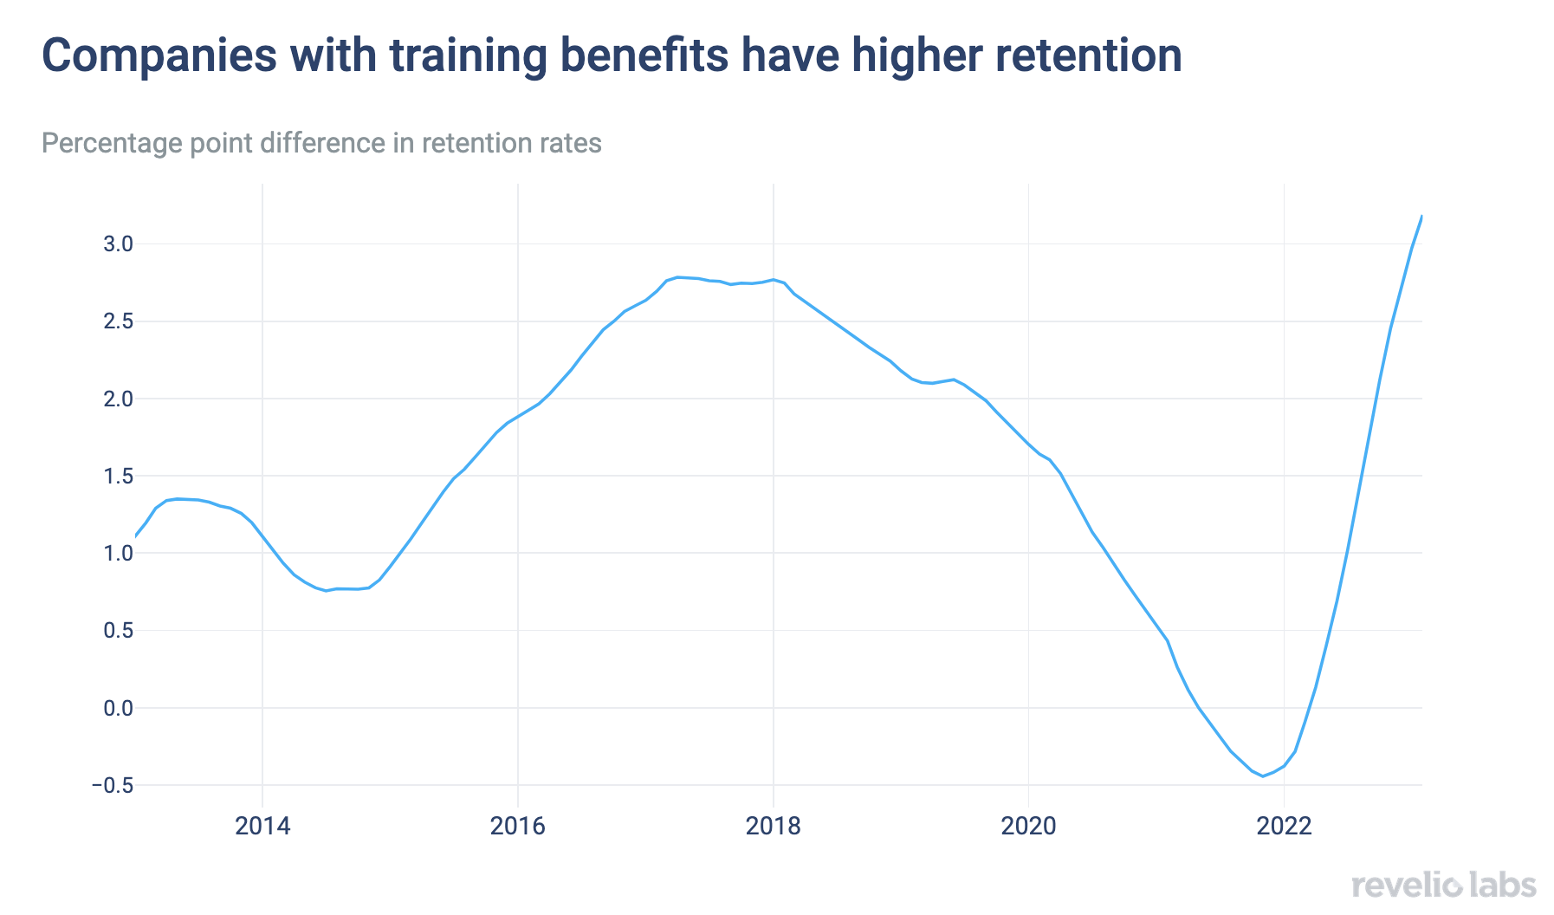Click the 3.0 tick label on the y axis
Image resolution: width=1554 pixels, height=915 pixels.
(x=118, y=244)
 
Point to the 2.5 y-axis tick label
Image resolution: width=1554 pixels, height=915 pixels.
(x=118, y=321)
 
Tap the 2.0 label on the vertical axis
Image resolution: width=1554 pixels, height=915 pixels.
(x=118, y=399)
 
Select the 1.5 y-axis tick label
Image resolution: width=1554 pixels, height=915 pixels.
(x=118, y=476)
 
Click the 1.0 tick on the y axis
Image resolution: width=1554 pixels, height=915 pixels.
(x=118, y=553)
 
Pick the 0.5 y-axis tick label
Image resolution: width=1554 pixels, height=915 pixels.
(x=118, y=630)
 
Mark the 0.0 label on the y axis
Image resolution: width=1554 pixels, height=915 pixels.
(x=118, y=708)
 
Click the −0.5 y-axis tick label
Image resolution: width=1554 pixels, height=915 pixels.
(x=113, y=785)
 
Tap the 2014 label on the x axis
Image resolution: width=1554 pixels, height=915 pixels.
(x=262, y=826)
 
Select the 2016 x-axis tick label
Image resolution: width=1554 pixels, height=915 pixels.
(x=518, y=826)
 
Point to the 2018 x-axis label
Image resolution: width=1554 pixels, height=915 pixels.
(x=774, y=826)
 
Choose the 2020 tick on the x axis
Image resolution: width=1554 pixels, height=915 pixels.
(x=1028, y=826)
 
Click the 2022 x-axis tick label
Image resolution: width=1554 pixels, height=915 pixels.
(x=1284, y=826)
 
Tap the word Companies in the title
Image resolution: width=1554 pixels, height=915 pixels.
(x=159, y=55)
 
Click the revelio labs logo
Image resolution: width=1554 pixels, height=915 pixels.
(x=1443, y=886)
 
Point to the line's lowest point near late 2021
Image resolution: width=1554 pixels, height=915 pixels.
(x=1263, y=775)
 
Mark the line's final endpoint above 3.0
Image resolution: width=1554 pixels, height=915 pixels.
(x=1421, y=216)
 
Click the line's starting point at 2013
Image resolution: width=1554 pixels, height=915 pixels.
(x=136, y=537)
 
